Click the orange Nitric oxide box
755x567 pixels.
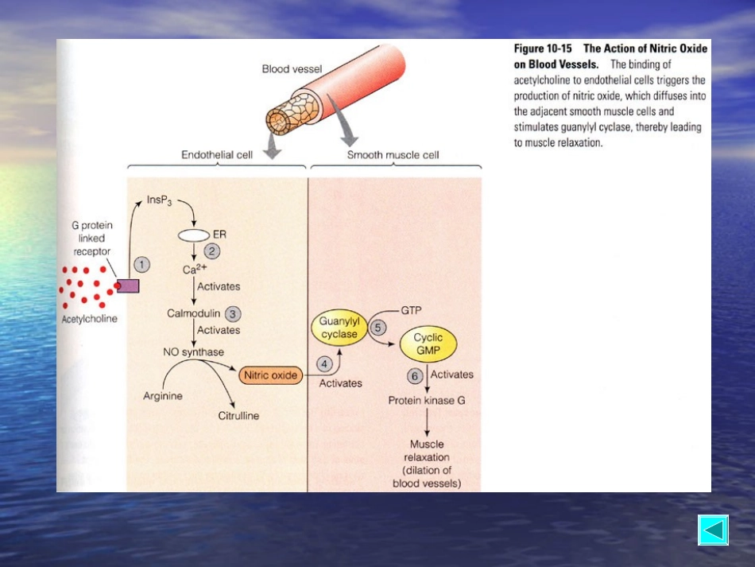click(x=270, y=375)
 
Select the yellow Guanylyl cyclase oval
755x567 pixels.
click(x=339, y=328)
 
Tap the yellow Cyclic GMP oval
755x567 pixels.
click(x=428, y=344)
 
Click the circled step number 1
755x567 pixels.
click(x=141, y=265)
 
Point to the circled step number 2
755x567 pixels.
click(x=212, y=251)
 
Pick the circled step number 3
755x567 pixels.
click(x=233, y=314)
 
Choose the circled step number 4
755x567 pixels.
click(x=324, y=363)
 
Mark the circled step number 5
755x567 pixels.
click(x=377, y=328)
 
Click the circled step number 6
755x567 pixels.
click(x=415, y=376)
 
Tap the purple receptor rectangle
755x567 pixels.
click(x=128, y=286)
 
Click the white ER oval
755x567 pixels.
click(x=194, y=235)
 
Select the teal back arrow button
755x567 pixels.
click(x=713, y=530)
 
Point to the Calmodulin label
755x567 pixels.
click(x=194, y=313)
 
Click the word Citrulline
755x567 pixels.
click(x=238, y=416)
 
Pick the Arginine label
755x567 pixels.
click(x=163, y=396)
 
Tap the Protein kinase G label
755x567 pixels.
click(x=427, y=400)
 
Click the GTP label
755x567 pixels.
click(x=411, y=310)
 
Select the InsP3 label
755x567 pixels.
click(x=160, y=200)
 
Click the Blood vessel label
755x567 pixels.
click(x=292, y=69)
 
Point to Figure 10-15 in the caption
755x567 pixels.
click(x=543, y=49)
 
